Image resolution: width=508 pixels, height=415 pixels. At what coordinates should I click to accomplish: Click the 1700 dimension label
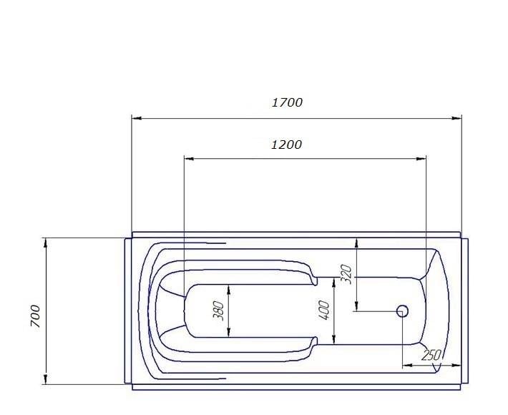pos(287,102)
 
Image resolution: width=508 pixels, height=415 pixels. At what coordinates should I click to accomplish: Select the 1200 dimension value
pos(286,145)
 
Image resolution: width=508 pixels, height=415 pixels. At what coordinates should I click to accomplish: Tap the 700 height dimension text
pos(36,315)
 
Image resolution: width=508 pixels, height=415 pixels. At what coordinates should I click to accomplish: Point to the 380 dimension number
pos(220,311)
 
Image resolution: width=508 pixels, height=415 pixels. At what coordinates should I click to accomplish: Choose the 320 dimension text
pos(347,274)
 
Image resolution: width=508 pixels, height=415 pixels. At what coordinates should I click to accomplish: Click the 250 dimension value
pos(431,355)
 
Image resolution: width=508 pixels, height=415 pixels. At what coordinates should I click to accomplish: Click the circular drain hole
pos(402,311)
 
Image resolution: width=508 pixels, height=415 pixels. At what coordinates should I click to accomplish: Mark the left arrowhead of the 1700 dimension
pos(137,118)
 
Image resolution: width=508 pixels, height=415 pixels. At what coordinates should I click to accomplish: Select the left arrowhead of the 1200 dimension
pos(189,158)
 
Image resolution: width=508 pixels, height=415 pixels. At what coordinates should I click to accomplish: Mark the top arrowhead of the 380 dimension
pos(229,288)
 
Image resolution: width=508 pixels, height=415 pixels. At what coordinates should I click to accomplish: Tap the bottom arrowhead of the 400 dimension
pos(333,338)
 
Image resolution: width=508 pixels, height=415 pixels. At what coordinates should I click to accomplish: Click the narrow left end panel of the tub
pos(127,311)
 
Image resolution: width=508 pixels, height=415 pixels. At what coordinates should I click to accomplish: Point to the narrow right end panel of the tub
pos(465,311)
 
